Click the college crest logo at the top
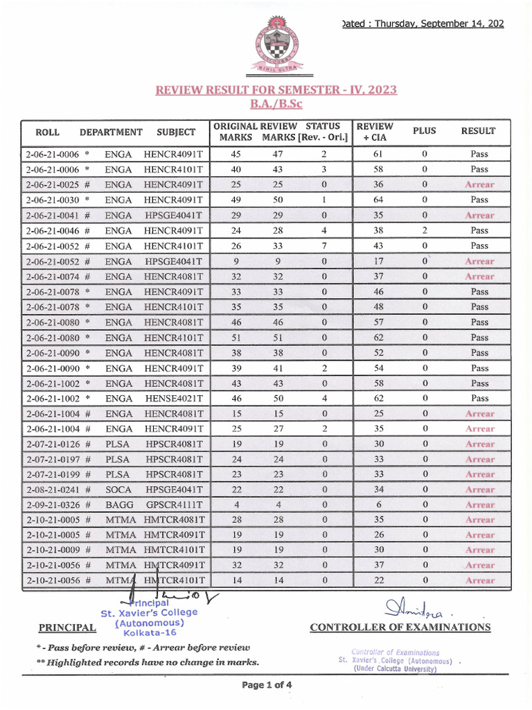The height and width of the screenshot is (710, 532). coord(276,46)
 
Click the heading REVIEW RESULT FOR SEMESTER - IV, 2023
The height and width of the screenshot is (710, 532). coord(276,91)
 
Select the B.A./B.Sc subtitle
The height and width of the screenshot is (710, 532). coord(276,105)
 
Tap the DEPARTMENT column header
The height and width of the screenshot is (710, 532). coord(111,132)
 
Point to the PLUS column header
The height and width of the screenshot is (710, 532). coord(425,131)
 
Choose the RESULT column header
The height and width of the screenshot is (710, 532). coord(479,131)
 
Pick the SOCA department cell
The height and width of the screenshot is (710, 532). coord(118,490)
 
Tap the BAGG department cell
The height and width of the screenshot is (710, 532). coord(119,505)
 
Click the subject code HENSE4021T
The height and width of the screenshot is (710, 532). coord(174,398)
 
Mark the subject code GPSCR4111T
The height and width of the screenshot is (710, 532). coord(174,505)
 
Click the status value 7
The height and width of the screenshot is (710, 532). coord(323,245)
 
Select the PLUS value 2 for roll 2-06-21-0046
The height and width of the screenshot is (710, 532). coord(425,230)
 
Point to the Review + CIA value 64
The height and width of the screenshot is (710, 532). coord(373,200)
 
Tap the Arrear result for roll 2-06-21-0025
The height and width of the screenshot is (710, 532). coord(479,184)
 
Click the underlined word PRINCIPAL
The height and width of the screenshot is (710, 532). coord(67,628)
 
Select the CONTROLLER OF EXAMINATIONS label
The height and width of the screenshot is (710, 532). coord(400,627)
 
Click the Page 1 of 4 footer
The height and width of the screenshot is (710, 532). coord(267,685)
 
